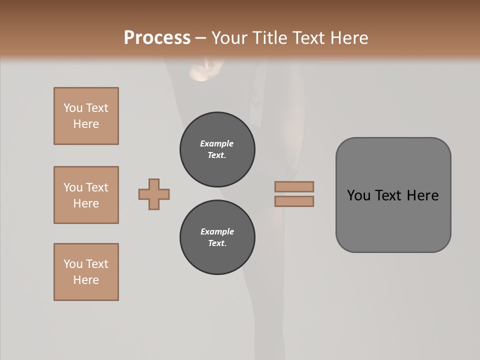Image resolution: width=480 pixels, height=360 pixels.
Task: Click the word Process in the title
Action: click(157, 38)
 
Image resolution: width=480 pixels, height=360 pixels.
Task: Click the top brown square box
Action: click(86, 116)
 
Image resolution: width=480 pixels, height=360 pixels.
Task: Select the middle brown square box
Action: click(86, 195)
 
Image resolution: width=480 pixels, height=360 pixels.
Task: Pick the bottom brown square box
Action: click(86, 272)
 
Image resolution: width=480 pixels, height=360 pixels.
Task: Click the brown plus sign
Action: click(154, 194)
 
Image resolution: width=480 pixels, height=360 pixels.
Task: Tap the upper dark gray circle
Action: click(217, 149)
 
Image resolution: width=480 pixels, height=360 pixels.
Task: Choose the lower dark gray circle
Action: click(217, 237)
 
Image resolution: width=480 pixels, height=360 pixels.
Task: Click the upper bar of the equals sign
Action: click(294, 187)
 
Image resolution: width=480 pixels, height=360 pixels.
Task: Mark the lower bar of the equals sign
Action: click(294, 201)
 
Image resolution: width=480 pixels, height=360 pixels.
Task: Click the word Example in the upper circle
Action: click(217, 143)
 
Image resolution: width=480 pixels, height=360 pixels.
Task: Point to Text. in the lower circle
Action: click(217, 243)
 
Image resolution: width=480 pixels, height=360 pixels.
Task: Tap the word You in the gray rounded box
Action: click(358, 195)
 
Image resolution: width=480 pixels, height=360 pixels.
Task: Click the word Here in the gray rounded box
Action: click(422, 195)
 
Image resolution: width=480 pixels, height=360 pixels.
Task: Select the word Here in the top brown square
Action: click(86, 124)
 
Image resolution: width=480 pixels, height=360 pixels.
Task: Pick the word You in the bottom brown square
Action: click(73, 264)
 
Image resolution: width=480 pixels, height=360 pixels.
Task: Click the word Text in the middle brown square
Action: click(97, 187)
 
